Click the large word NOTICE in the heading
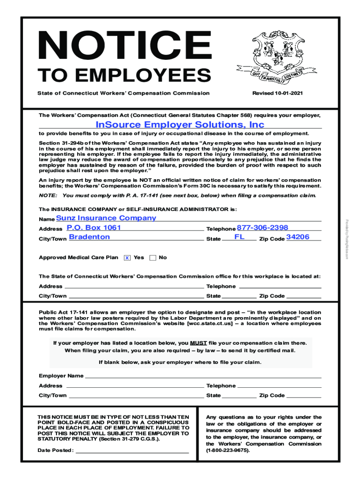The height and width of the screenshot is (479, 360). click(x=118, y=44)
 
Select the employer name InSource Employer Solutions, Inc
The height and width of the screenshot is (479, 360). click(x=180, y=124)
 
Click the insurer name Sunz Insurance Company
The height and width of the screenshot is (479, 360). click(x=106, y=218)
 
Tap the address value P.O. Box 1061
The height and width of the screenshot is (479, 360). click(x=94, y=227)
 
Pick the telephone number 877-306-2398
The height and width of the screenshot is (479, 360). click(x=262, y=227)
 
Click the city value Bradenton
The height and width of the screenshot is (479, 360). click(x=89, y=237)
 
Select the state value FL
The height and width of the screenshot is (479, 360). click(x=239, y=237)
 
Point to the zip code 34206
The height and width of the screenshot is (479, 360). click(x=298, y=237)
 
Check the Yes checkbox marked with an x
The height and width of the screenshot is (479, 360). click(x=127, y=258)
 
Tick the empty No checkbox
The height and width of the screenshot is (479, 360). click(x=152, y=258)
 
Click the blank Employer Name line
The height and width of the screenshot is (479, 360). click(x=203, y=376)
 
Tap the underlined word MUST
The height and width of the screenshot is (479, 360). click(x=198, y=343)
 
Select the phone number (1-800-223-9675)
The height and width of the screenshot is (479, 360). click(x=228, y=450)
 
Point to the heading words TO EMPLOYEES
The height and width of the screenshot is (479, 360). click(x=124, y=75)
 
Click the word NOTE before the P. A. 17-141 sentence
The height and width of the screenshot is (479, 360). click(x=48, y=196)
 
